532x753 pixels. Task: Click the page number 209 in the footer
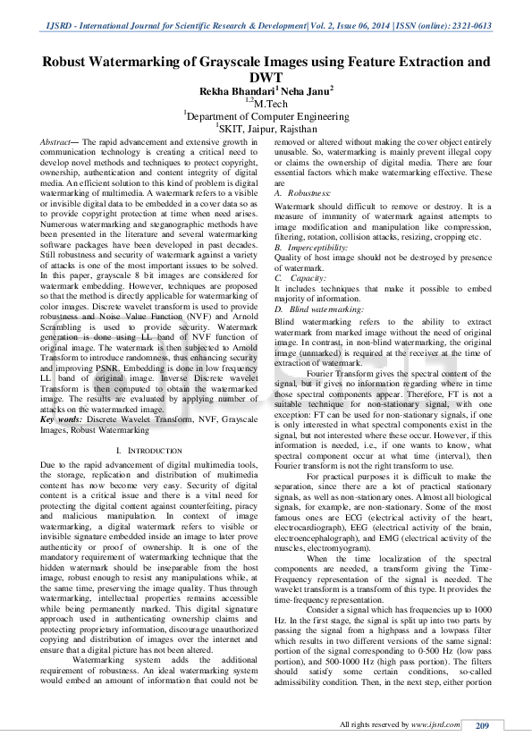coord(483,725)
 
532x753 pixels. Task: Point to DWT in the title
coord(266,78)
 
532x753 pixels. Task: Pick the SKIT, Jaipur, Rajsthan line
coord(266,128)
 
